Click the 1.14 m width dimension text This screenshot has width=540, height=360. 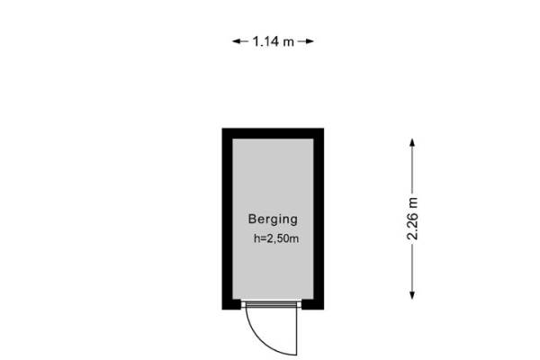pyautogui.click(x=273, y=41)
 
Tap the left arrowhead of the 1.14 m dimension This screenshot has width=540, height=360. pyautogui.click(x=236, y=41)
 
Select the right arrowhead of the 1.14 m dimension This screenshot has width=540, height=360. pyautogui.click(x=310, y=41)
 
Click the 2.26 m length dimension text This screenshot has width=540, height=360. pyautogui.click(x=412, y=219)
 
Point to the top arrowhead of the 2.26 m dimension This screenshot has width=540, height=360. pyautogui.click(x=412, y=142)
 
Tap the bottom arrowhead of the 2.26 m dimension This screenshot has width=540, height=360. pyautogui.click(x=412, y=295)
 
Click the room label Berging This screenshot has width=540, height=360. pyautogui.click(x=273, y=220)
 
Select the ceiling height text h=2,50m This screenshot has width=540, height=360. pyautogui.click(x=276, y=238)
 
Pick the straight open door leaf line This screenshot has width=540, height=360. pyautogui.click(x=296, y=331)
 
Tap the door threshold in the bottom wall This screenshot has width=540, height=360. pyautogui.click(x=272, y=304)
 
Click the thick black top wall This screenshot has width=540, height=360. pyautogui.click(x=273, y=133)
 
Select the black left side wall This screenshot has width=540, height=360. pyautogui.click(x=228, y=219)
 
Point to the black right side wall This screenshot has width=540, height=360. pyautogui.click(x=319, y=219)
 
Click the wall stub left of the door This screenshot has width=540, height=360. pyautogui.click(x=231, y=304)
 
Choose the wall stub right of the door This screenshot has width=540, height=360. pyautogui.click(x=312, y=304)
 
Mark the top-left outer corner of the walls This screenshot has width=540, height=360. pyautogui.click(x=222, y=128)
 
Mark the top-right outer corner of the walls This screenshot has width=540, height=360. pyautogui.click(x=324, y=128)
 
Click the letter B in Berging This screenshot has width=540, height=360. pyautogui.click(x=252, y=219)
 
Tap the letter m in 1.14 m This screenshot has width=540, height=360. pyautogui.click(x=289, y=42)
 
